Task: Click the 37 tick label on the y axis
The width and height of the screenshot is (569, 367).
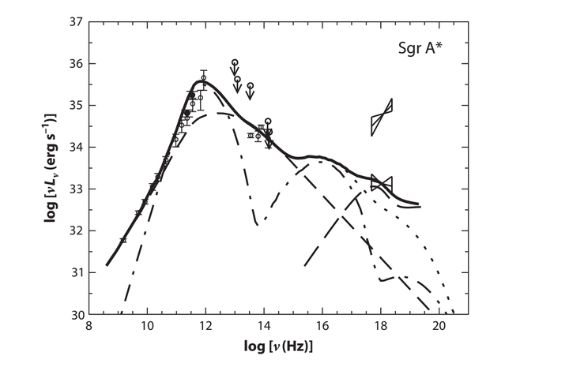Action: pyautogui.click(x=77, y=22)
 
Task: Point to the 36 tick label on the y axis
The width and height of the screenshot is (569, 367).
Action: pyautogui.click(x=77, y=64)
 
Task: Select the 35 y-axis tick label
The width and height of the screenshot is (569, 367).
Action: pyautogui.click(x=77, y=106)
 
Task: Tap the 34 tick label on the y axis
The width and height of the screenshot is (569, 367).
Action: pyautogui.click(x=77, y=148)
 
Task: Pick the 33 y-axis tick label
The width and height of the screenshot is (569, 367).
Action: pyautogui.click(x=77, y=189)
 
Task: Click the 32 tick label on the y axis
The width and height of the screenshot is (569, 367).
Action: pyautogui.click(x=77, y=231)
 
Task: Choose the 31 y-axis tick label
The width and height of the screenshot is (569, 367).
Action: pyautogui.click(x=77, y=273)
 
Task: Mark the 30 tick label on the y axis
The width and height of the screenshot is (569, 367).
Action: pyautogui.click(x=77, y=315)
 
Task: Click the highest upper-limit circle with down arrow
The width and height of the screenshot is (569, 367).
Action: pyautogui.click(x=235, y=63)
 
